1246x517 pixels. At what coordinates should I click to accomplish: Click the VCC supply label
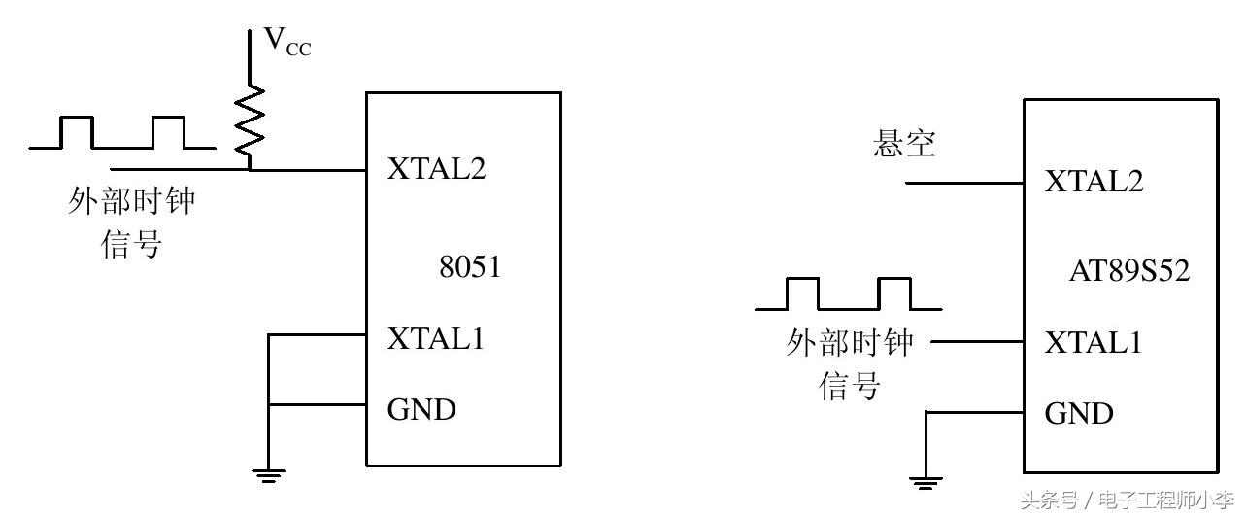click(x=287, y=42)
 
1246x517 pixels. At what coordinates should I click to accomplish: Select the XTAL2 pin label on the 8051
click(x=436, y=169)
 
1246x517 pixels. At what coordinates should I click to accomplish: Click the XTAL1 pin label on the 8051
click(x=436, y=339)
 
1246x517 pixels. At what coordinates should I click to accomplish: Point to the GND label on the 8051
click(x=421, y=409)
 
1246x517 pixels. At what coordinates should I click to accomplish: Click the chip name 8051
click(x=470, y=267)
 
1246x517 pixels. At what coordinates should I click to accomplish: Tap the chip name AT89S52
click(x=1128, y=271)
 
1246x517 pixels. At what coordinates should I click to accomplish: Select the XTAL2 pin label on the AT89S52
click(x=1094, y=182)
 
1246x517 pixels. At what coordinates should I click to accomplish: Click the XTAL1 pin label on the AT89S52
click(x=1094, y=342)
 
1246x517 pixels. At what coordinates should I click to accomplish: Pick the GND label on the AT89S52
click(x=1079, y=413)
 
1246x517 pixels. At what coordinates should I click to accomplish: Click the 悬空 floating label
click(x=904, y=145)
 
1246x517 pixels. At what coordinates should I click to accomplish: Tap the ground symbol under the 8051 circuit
click(x=269, y=474)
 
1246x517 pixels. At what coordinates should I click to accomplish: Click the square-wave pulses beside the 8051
click(x=122, y=133)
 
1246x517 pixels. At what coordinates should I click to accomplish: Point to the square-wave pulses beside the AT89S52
click(x=848, y=293)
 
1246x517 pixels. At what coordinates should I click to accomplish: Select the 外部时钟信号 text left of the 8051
click(x=132, y=223)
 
